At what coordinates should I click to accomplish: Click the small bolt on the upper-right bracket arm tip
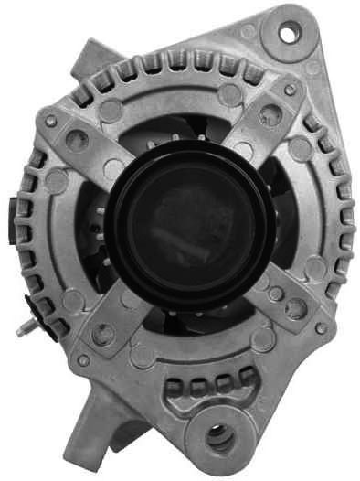(x=290, y=91)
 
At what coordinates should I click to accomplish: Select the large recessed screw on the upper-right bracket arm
(x=270, y=114)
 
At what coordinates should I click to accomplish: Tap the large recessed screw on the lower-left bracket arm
(x=103, y=335)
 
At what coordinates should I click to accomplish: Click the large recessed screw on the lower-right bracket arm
(x=294, y=307)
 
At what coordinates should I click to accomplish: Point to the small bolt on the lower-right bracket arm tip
(x=320, y=327)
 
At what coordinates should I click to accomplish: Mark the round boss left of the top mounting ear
(x=249, y=31)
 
